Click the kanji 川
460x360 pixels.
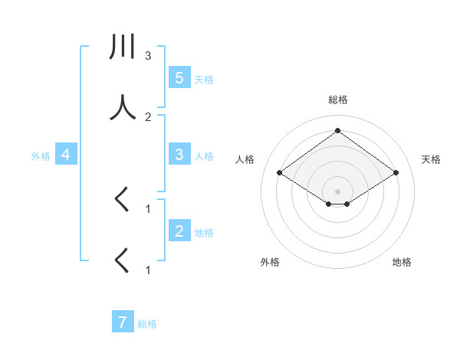123,48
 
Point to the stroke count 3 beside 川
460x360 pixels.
148,55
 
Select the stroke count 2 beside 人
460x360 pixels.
148,116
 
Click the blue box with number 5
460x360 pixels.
179,78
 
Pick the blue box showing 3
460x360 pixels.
179,155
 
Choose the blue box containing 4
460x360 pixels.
66,155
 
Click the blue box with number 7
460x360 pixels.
123,322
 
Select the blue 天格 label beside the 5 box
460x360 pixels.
204,79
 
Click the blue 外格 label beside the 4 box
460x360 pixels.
41,155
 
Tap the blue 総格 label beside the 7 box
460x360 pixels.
147,324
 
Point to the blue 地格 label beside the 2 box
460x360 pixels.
204,232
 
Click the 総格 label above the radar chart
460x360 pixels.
337,100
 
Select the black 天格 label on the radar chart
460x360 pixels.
431,159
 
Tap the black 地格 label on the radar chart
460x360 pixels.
402,262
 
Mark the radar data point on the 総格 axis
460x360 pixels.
337,130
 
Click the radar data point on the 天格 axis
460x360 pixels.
396,173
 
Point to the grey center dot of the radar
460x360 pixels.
337,191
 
